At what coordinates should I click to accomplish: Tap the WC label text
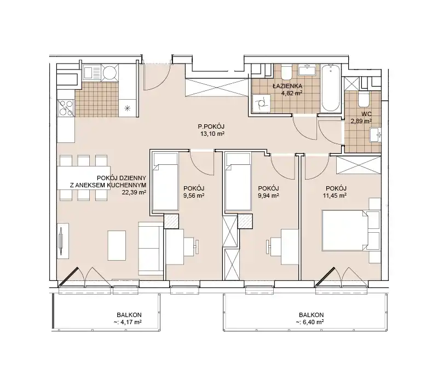click(366, 114)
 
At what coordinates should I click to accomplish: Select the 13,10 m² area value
click(212, 134)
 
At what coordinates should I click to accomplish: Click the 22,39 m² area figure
click(134, 192)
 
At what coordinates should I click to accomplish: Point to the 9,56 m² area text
click(194, 196)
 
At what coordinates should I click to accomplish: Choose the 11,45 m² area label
click(335, 196)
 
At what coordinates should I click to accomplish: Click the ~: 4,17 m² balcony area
click(126, 322)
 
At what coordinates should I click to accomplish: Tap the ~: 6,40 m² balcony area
click(310, 322)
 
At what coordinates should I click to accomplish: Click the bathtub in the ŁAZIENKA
click(331, 88)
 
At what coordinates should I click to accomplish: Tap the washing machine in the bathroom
click(261, 104)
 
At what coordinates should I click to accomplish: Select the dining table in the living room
click(84, 178)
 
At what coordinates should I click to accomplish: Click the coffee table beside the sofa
click(117, 245)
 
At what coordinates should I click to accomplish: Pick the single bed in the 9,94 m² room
click(238, 181)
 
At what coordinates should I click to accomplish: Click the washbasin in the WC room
click(375, 135)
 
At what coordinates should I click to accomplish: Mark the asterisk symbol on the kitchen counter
click(128, 108)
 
